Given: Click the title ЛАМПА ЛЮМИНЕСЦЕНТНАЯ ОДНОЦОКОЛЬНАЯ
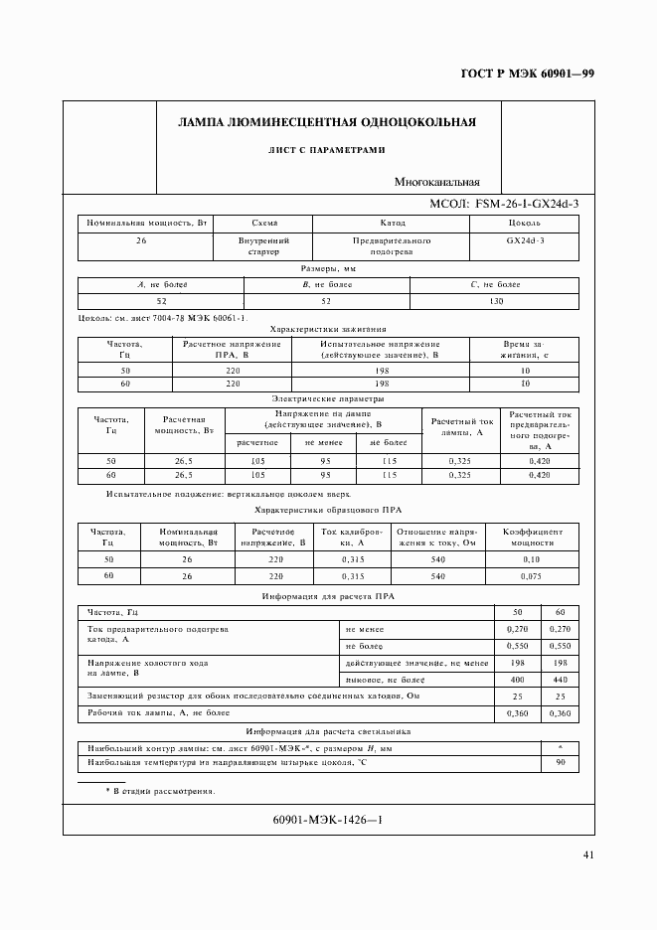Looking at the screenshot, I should coord(326,123).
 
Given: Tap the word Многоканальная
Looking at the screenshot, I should coord(436,182).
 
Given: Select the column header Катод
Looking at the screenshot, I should coord(392,224).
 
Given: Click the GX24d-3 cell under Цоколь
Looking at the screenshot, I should coord(524,240).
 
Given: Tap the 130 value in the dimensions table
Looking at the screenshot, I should coord(495,301).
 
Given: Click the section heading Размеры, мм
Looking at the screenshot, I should coord(328,269).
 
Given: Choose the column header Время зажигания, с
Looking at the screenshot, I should coord(524,350).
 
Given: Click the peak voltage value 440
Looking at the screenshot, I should coord(559,679).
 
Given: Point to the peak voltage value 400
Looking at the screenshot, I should coord(516,679).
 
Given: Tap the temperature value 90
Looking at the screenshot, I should coord(559,763).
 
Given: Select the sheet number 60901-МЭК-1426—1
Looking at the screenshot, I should coord(327,820).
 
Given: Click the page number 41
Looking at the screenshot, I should coord(588,855).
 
